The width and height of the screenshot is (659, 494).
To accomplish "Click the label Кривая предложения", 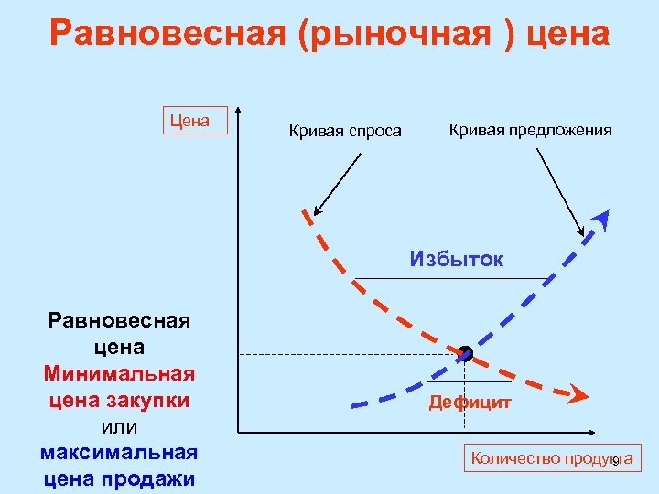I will (x=531, y=130).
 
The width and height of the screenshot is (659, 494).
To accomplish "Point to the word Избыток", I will (x=457, y=259).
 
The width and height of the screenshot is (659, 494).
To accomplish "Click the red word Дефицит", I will (x=470, y=403).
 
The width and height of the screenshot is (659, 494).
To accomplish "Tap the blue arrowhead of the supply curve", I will (x=600, y=219).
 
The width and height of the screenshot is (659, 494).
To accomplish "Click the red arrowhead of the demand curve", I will (x=578, y=396).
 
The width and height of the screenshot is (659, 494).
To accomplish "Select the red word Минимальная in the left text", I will (x=119, y=374).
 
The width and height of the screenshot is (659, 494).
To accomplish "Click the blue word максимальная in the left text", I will (x=119, y=454).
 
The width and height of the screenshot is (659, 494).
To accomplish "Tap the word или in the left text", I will (x=119, y=427).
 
